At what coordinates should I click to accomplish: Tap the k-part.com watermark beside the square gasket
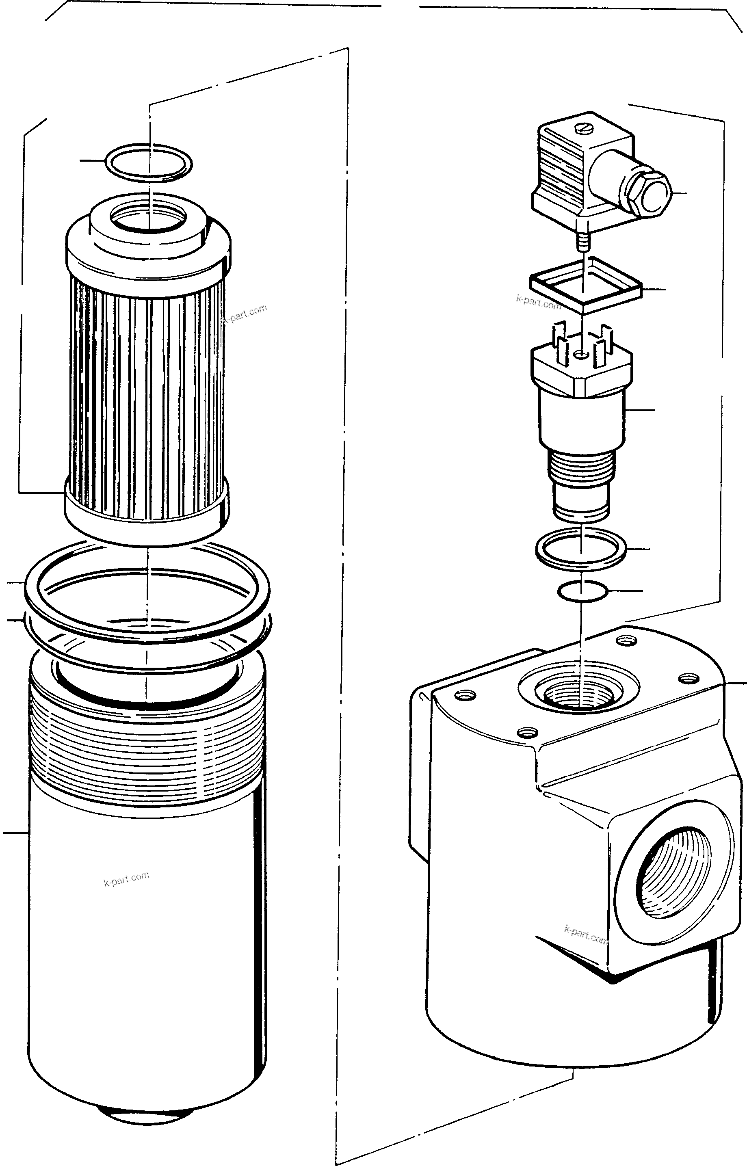click(539, 303)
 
